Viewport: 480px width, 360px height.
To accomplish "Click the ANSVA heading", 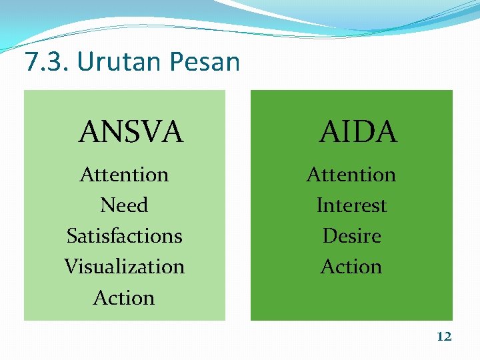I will [131, 132].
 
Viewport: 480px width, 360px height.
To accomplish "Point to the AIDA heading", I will [358, 132].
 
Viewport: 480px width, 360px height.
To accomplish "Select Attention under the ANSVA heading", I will [124, 175].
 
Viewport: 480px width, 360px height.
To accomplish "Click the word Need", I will [124, 205].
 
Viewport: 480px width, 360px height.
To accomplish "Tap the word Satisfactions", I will [124, 236].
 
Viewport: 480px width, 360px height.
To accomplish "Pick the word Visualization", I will [124, 267].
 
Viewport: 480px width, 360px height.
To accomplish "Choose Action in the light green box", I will [124, 297].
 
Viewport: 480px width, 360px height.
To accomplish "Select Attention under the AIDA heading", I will [351, 175].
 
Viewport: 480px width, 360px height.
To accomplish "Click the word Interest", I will [351, 205].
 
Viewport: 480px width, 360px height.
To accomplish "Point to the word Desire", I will [351, 236].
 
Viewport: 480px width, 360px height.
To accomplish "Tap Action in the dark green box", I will [351, 267].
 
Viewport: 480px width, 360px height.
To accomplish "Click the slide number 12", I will [444, 337].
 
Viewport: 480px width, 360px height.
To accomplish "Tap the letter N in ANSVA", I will [111, 132].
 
